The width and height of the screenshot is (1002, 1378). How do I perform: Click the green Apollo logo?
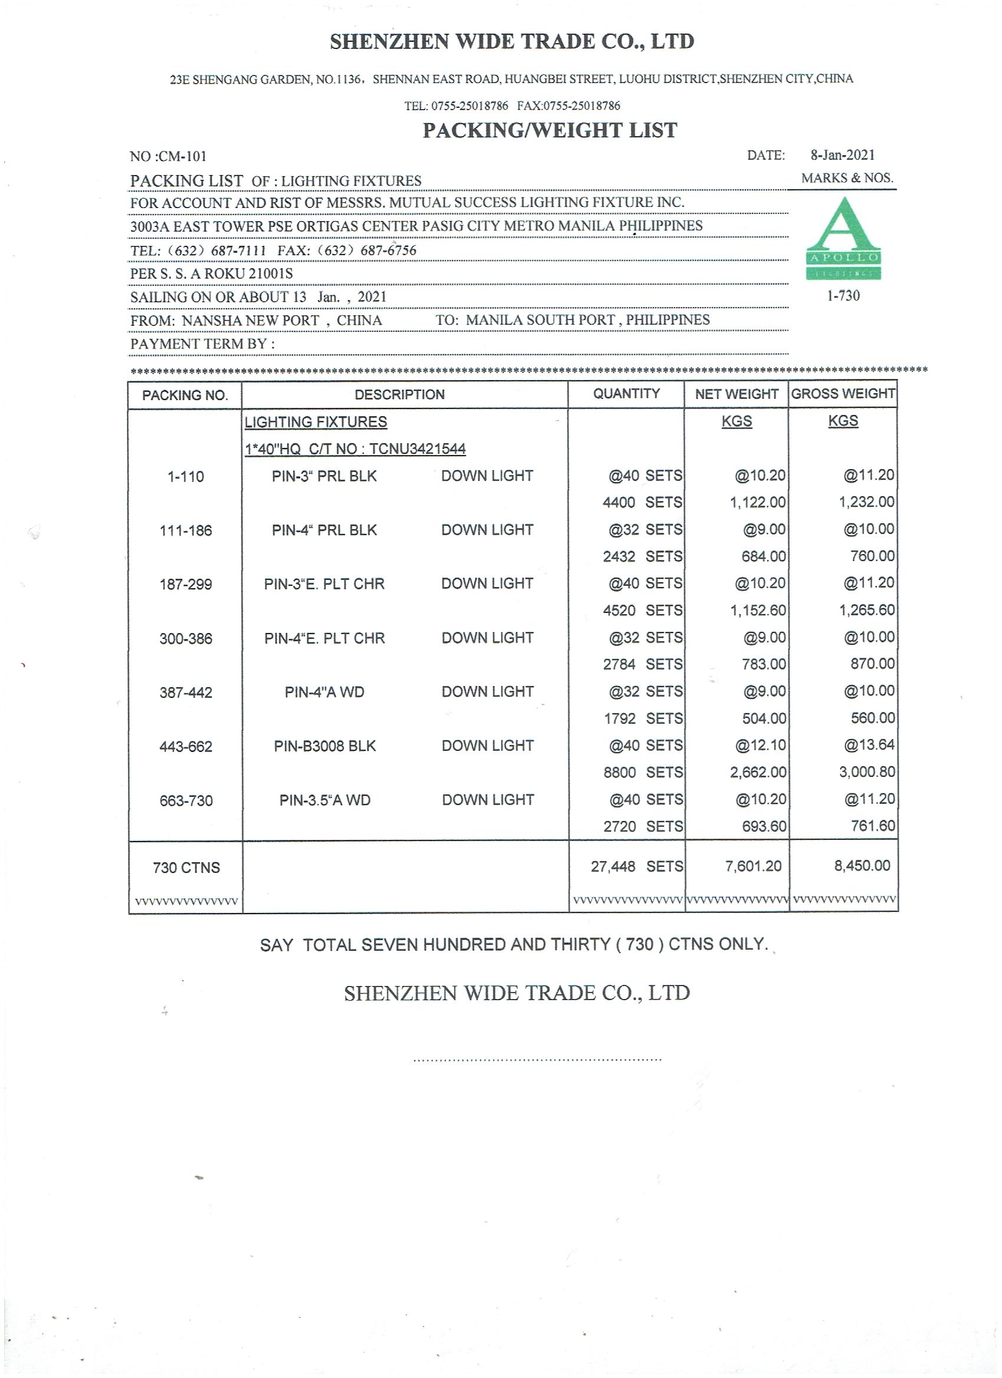tap(843, 239)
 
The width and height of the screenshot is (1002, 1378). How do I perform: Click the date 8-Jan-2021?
tap(842, 155)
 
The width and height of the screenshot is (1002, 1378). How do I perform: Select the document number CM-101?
tap(182, 157)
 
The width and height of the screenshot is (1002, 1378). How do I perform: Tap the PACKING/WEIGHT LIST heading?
tap(549, 130)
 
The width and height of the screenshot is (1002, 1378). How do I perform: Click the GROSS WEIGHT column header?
tap(843, 394)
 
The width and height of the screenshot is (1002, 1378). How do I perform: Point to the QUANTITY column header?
tap(626, 394)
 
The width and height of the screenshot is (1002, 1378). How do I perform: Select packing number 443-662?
tap(185, 747)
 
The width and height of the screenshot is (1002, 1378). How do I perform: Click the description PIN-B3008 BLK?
tap(325, 746)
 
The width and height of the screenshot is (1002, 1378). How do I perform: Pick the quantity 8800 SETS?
tap(642, 773)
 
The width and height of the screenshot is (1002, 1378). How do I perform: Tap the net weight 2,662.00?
tap(758, 772)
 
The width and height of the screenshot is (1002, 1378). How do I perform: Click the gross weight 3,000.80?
tap(866, 772)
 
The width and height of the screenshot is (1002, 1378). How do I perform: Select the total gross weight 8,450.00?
tap(862, 866)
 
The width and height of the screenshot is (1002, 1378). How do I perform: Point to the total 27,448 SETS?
tap(636, 866)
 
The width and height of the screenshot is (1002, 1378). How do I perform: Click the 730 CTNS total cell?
tap(186, 868)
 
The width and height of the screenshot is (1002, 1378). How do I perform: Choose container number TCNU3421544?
tap(417, 450)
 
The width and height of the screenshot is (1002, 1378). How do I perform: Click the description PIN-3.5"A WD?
tap(325, 801)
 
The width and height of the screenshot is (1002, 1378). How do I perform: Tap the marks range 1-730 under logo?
tap(843, 296)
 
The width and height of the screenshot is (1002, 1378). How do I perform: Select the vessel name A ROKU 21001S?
tap(241, 273)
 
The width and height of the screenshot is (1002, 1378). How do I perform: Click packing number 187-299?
tap(185, 585)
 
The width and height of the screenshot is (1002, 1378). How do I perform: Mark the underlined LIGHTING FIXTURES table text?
tap(315, 422)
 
